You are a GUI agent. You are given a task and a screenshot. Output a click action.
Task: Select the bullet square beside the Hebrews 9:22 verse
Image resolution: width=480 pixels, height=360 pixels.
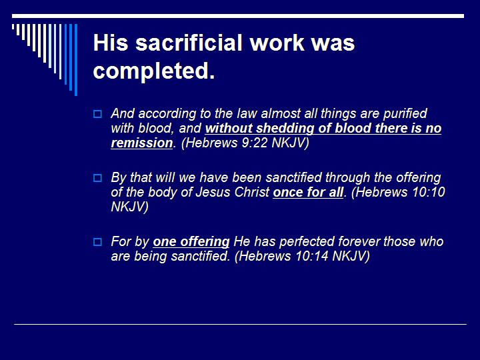pos(98,114)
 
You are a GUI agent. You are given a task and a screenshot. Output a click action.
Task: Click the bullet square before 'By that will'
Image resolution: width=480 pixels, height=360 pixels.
pos(98,178)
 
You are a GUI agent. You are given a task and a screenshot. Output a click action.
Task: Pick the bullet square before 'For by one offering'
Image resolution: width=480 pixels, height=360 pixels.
pos(98,242)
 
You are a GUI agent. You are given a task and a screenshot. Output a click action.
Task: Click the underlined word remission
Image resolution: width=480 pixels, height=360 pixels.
pos(141,143)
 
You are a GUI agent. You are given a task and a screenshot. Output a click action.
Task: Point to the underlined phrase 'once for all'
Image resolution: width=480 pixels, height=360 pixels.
pos(308,193)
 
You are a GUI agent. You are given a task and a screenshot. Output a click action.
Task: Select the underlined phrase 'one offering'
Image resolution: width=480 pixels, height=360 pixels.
pos(191,241)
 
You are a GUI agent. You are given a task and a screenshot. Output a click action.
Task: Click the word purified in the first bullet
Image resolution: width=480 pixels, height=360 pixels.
pos(403,113)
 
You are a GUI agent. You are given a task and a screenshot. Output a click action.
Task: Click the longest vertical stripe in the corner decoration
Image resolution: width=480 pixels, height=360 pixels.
pos(75,60)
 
